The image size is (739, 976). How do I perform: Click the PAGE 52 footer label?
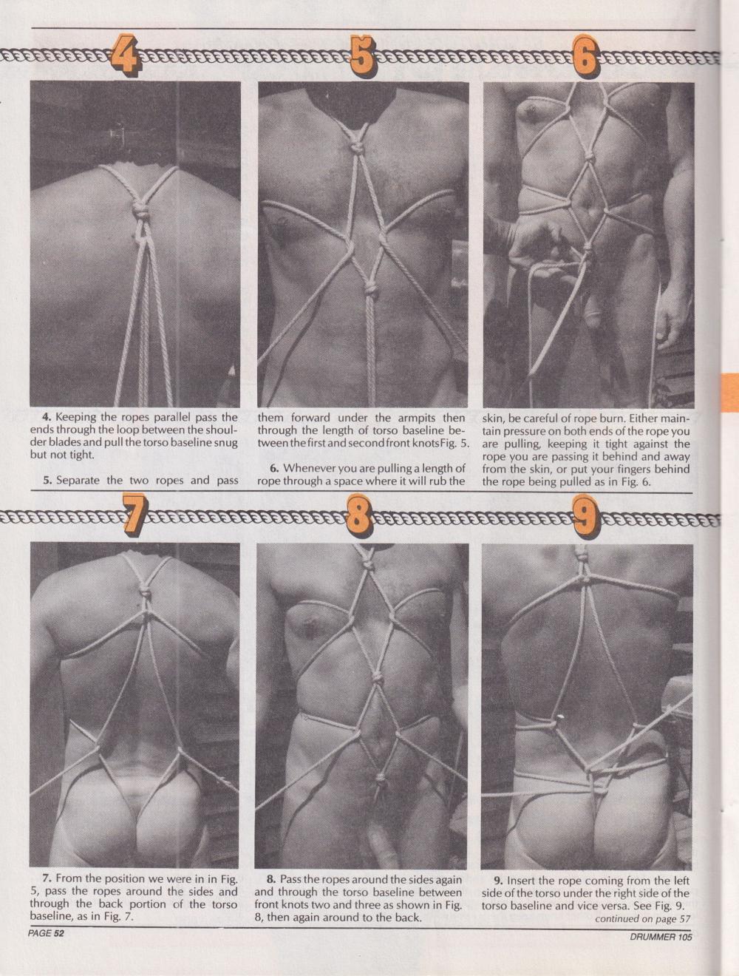(46, 934)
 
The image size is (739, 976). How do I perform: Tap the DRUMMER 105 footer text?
(661, 935)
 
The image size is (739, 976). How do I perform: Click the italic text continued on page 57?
(642, 918)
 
